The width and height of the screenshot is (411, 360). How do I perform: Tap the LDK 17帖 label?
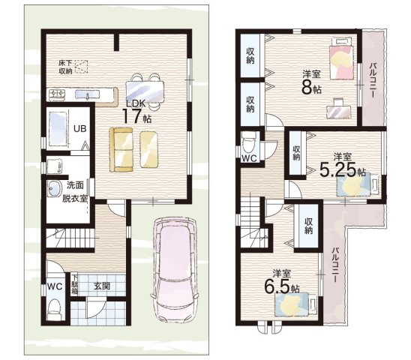coord(136,112)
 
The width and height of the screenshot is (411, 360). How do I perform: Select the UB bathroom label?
coord(79,129)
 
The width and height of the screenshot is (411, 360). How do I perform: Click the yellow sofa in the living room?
coord(121,149)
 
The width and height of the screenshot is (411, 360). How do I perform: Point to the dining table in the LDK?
coord(145,91)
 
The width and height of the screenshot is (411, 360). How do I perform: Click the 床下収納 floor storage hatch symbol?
coord(81,67)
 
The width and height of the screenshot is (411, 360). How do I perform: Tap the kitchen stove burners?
coord(57,94)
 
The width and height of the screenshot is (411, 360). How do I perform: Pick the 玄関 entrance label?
coord(102,286)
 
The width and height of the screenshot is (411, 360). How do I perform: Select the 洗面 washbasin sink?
coord(54,188)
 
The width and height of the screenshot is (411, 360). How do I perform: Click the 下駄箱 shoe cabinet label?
coord(75,284)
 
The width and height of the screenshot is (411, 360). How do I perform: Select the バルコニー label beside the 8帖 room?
coord(373,81)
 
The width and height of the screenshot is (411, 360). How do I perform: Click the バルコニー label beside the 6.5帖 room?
coord(334,265)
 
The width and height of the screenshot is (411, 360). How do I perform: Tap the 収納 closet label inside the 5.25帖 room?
coord(296,153)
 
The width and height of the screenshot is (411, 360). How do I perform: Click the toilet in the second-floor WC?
coord(249,143)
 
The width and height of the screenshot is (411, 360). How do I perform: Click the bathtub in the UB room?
coord(58,127)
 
